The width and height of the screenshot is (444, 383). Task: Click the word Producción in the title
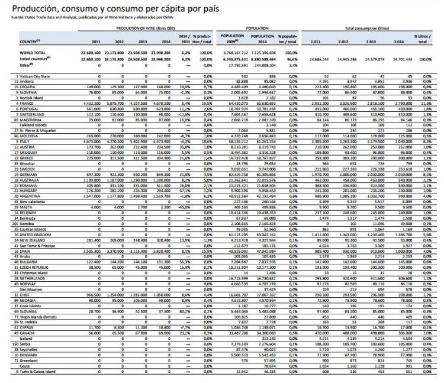point(30,9)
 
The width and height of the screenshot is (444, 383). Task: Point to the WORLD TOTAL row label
point(33,53)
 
